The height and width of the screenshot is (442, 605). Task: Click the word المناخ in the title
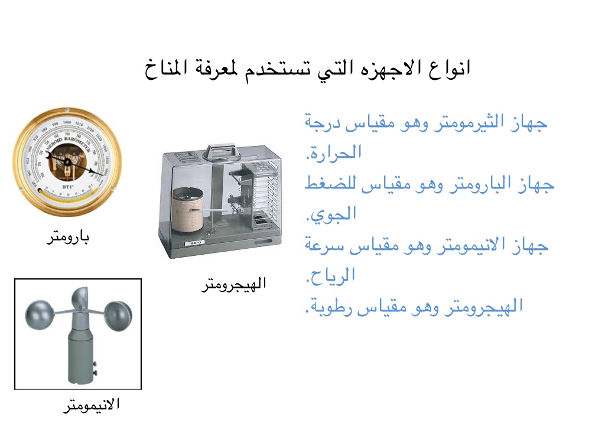[x=166, y=69]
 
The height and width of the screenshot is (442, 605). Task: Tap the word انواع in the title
[x=450, y=68]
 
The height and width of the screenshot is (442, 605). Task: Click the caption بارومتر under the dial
[x=68, y=237]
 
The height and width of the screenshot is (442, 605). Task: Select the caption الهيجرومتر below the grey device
[x=234, y=284]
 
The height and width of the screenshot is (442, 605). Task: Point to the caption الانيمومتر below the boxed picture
[x=92, y=405]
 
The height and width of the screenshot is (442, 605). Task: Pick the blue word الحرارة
[x=334, y=153]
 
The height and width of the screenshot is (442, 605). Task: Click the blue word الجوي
[x=331, y=214]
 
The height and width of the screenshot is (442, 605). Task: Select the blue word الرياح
[x=331, y=275]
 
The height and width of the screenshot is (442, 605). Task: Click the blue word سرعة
[x=324, y=245]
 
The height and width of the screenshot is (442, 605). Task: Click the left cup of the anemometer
[x=39, y=315]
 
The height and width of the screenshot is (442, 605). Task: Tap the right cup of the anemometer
[x=118, y=316]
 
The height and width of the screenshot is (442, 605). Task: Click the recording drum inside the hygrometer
[x=187, y=210]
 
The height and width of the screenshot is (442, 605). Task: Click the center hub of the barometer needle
[x=67, y=162]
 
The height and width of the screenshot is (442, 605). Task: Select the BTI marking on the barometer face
[x=68, y=187]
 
